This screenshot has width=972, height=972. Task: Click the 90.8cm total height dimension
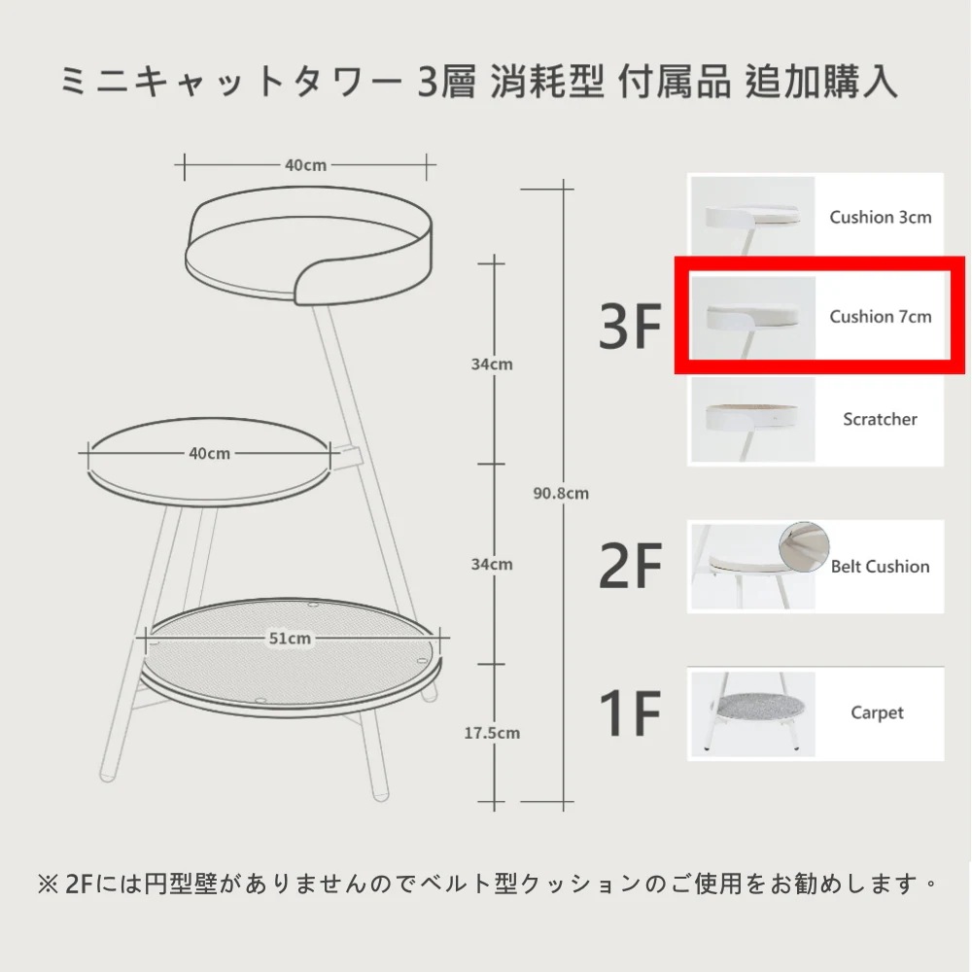click(561, 494)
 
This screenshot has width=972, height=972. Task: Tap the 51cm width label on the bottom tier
click(290, 639)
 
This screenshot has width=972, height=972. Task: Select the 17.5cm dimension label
click(492, 733)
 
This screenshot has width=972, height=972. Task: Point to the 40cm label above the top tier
click(305, 165)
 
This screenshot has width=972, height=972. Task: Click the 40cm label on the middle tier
click(210, 454)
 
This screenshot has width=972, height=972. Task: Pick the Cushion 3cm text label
click(881, 218)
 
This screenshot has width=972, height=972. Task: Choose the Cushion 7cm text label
click(881, 317)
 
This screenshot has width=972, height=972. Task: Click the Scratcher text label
click(880, 420)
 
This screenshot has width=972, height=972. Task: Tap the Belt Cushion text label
click(880, 567)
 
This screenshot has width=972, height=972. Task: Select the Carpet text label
click(877, 713)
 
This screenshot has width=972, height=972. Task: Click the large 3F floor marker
click(630, 326)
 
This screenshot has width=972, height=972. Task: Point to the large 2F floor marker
click(630, 565)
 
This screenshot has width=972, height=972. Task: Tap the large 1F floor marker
click(630, 713)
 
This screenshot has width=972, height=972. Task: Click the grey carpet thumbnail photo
click(752, 714)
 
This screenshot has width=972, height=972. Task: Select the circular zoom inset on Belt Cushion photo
click(804, 547)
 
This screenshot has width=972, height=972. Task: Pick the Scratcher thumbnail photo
click(752, 420)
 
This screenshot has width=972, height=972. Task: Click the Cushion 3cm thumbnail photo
click(752, 217)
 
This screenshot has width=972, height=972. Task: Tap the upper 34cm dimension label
click(492, 364)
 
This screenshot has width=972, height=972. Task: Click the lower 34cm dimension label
click(492, 565)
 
